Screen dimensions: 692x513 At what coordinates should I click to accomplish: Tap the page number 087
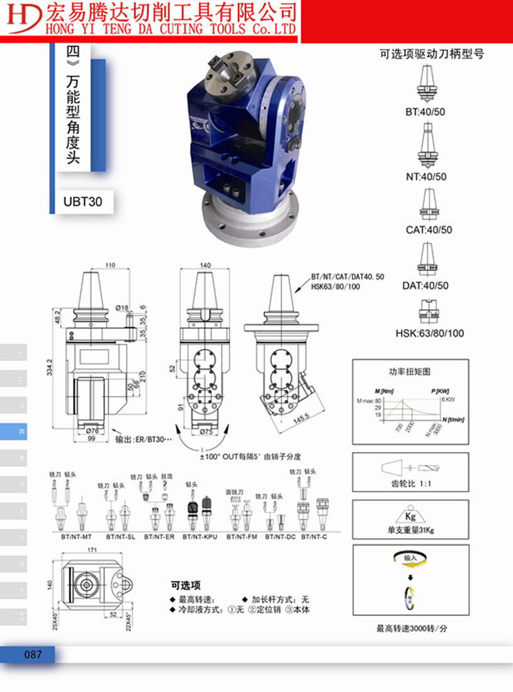tap(33, 654)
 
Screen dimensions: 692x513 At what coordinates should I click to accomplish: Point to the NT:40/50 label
tap(427, 177)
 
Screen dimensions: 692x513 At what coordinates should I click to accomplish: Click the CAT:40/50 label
tap(429, 230)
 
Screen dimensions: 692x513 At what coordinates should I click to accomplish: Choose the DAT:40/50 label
tap(426, 285)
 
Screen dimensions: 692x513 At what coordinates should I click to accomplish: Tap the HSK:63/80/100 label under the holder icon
tap(429, 333)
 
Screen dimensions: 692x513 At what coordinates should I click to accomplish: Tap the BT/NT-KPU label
tap(200, 537)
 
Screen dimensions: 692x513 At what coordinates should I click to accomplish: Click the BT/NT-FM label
tap(242, 537)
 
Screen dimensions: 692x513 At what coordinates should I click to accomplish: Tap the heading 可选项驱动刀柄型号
tap(432, 54)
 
